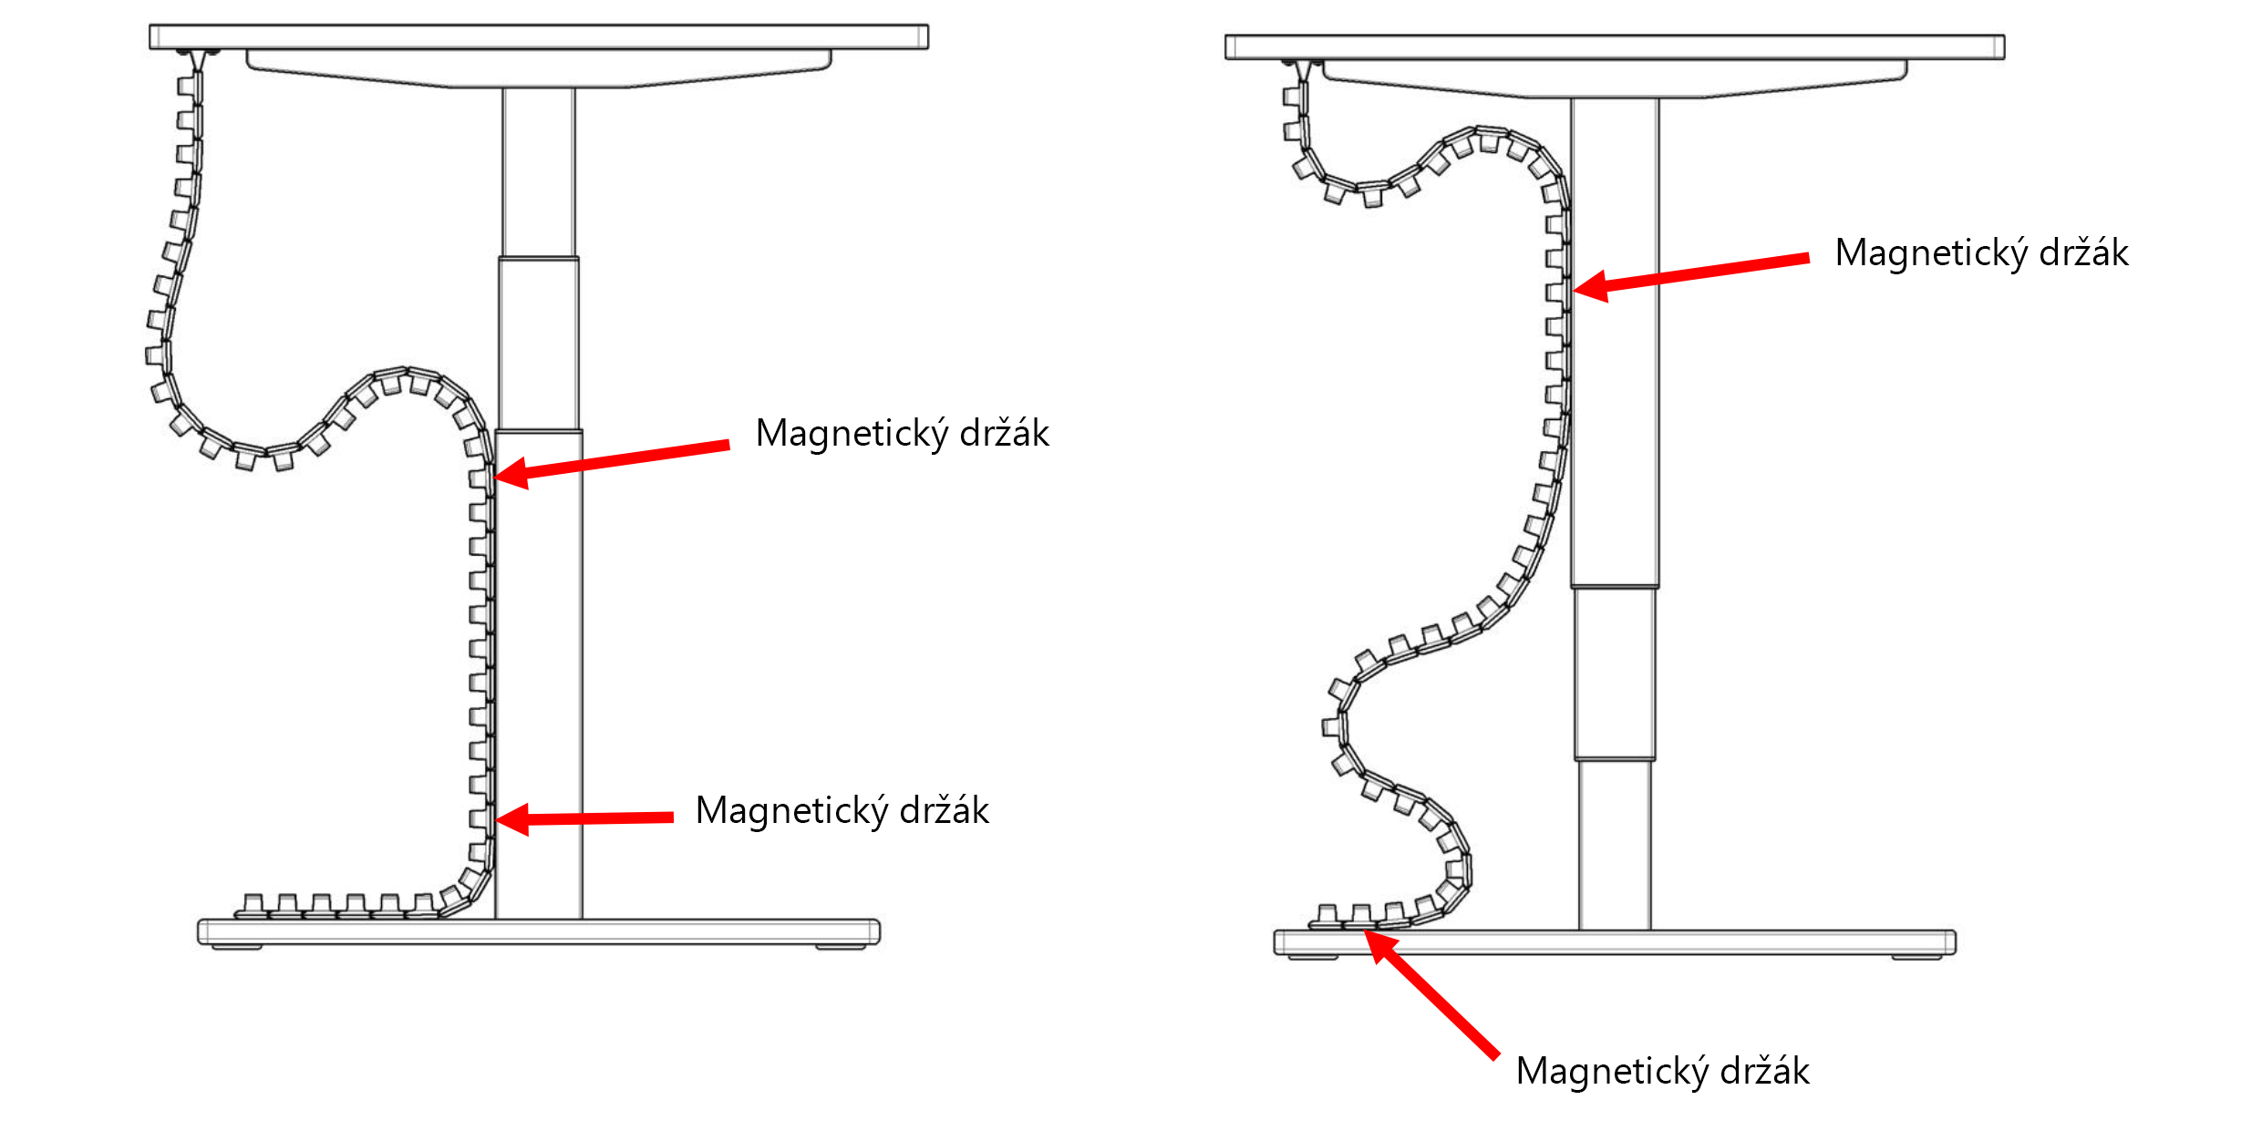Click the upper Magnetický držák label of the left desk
tap(902, 434)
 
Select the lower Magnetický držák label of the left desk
tap(842, 811)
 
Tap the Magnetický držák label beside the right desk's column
tap(1981, 253)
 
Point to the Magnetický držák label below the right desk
tap(1662, 1072)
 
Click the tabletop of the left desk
tap(538, 36)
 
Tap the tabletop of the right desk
tap(1614, 47)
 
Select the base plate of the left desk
tap(538, 931)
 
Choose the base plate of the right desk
tap(1614, 941)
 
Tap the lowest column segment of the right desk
tap(1614, 844)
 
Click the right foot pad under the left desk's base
tap(841, 948)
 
